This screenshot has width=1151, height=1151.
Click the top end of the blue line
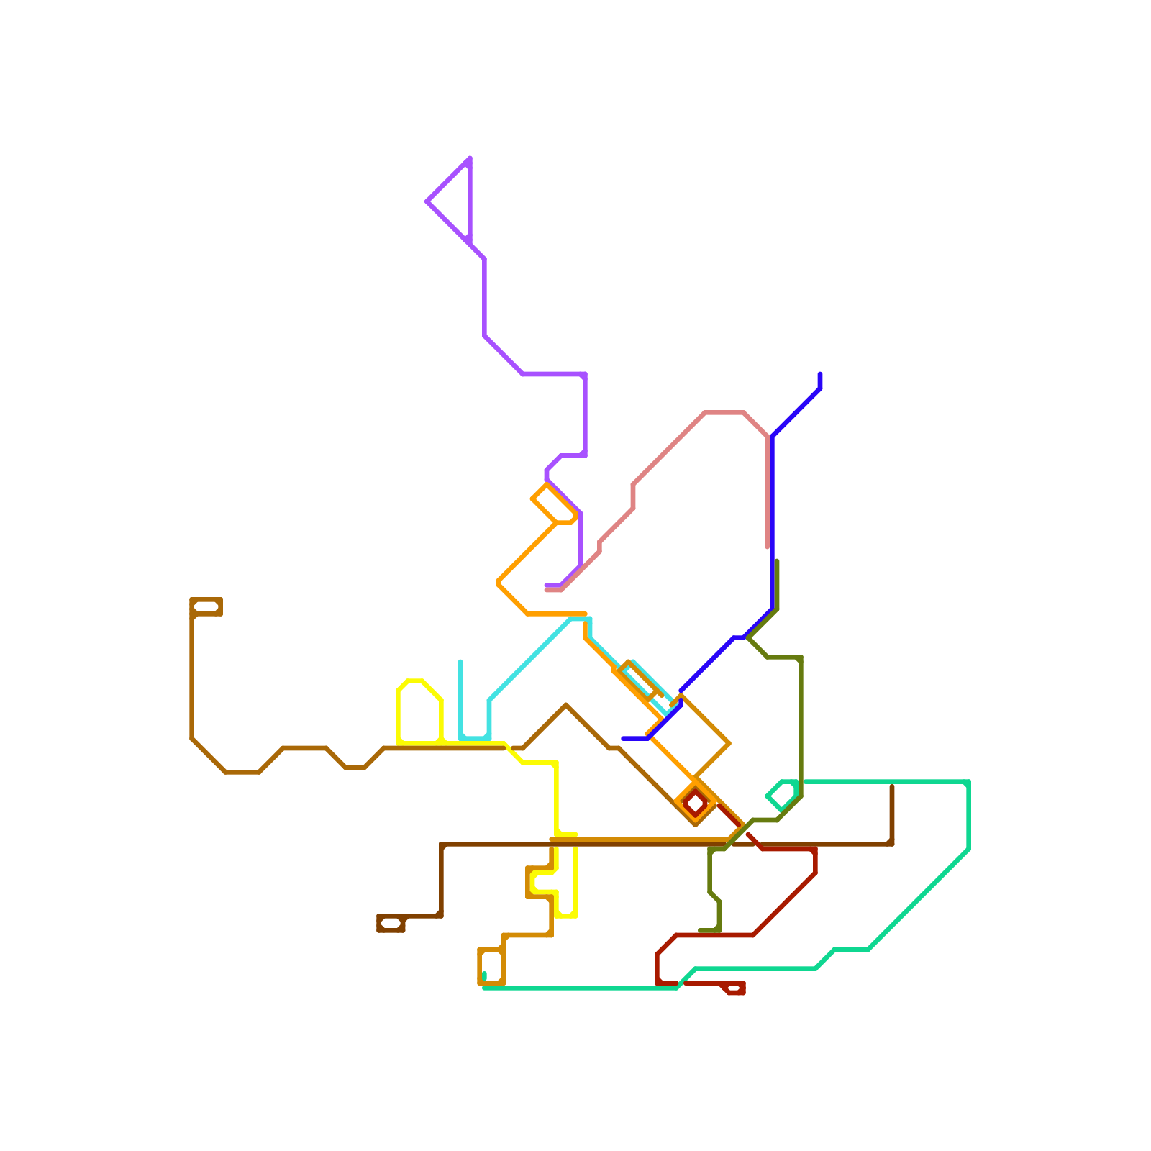coord(820,374)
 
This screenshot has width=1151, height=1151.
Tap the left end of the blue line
coord(623,738)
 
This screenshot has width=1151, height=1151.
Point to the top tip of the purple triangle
coord(470,158)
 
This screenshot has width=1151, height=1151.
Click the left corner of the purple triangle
coord(428,201)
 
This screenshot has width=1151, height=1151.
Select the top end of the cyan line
coord(460,662)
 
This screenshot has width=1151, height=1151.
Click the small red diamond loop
coord(696,801)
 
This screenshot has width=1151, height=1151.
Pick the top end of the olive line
coord(777,561)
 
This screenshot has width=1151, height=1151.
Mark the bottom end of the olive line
coord(701,931)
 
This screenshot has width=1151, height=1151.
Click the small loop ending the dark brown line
coord(391,923)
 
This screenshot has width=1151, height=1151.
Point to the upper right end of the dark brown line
coord(892,786)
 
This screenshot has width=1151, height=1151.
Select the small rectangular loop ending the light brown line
coord(206,606)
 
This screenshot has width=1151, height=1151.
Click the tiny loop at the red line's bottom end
coord(734,988)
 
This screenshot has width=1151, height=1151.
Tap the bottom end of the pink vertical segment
coord(768,547)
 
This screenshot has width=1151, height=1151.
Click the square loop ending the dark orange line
coord(491,966)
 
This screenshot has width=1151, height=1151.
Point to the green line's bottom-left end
coord(484,975)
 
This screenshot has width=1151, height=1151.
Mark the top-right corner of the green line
coord(968,783)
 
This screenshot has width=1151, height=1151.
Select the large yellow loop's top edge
coord(414,681)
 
